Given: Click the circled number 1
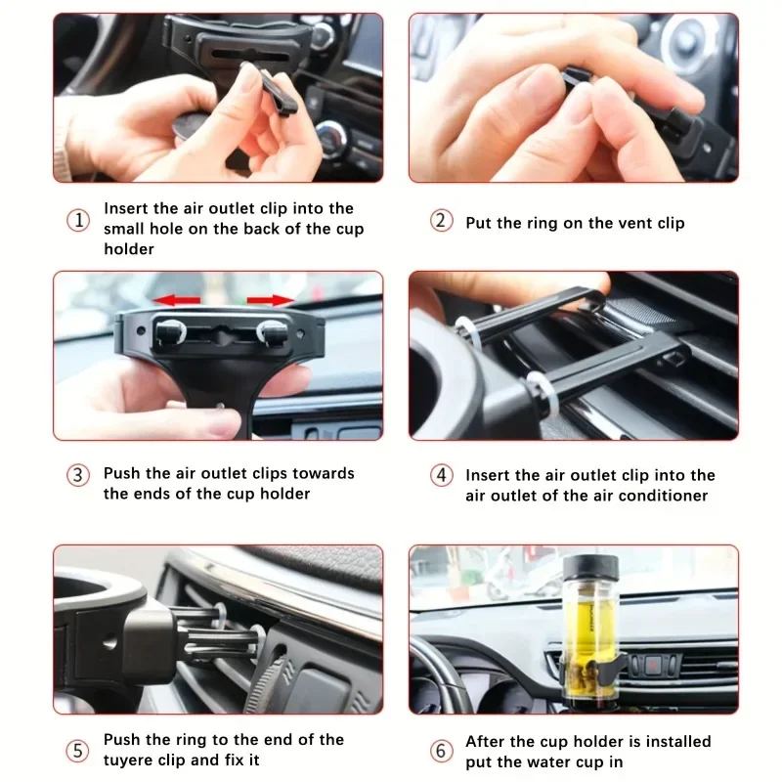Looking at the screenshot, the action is [78, 221].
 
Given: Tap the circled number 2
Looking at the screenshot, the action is [442, 221].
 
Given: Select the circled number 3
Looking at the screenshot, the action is [78, 475].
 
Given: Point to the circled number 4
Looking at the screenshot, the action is [442, 475].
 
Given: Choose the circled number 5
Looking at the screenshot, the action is [78, 751].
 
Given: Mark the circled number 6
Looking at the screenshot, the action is [442, 751].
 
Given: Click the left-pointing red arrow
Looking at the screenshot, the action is [176, 300].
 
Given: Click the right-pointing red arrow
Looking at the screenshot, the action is [271, 300].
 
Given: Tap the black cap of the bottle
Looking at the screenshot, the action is [591, 568].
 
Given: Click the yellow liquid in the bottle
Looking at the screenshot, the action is [591, 629].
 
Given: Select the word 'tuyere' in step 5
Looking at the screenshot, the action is [128, 760].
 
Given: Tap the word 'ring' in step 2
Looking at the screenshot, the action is [541, 224].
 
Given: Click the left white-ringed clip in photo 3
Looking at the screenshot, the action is [170, 332].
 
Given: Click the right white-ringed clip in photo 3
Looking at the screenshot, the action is [273, 332].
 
